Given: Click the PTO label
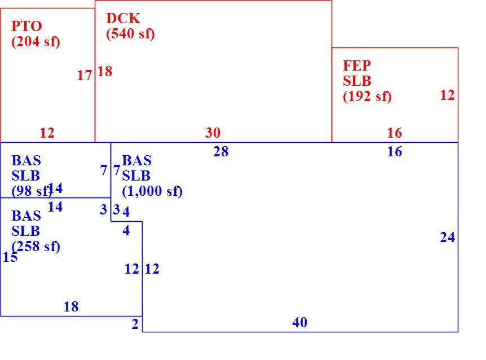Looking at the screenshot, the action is (26, 26).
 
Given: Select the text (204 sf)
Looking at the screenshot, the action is (36, 42).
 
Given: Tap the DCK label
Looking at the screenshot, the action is (123, 18).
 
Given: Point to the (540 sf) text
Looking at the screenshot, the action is (130, 34).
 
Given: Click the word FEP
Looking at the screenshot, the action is (357, 65).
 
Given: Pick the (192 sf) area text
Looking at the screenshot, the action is (367, 96).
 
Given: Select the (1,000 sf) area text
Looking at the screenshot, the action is (152, 191).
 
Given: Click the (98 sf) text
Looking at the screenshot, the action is (32, 191).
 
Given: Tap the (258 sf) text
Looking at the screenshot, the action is (36, 247).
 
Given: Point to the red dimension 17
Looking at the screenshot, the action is (85, 76).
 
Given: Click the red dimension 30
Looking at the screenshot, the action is (213, 133).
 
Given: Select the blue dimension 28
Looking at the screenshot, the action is (221, 152).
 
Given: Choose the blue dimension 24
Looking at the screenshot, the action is (448, 237).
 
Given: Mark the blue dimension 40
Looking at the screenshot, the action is (300, 323).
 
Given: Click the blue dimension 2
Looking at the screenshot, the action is (135, 324).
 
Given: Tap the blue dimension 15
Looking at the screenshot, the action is (10, 257).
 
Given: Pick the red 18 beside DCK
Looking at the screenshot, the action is (105, 72).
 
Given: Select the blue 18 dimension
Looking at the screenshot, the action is (71, 306).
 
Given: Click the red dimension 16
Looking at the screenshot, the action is (395, 133).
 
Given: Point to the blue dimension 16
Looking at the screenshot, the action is (395, 152).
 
